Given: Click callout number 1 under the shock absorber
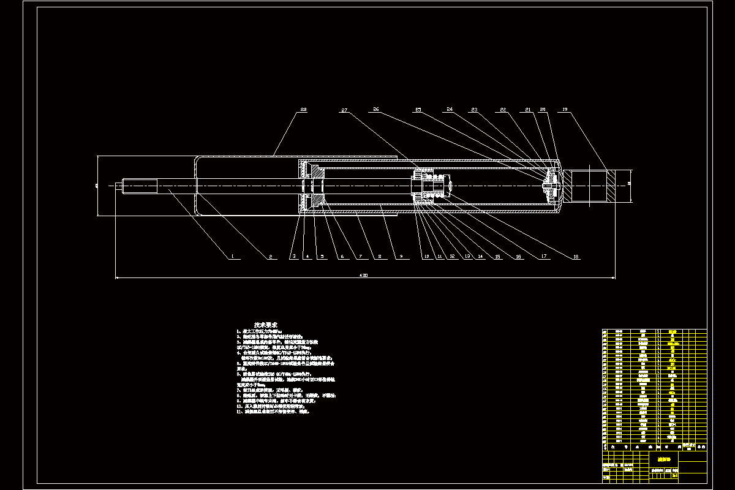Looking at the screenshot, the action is (x=233, y=257).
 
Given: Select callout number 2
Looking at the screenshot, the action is (x=269, y=257).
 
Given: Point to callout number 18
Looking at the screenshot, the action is (x=575, y=257).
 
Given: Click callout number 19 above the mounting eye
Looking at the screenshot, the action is (x=565, y=110).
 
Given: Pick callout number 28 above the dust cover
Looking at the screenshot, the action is (x=303, y=110).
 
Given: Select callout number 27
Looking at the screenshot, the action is (x=345, y=110).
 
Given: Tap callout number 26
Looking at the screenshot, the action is (x=375, y=110).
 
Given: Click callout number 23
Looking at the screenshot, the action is (x=473, y=110).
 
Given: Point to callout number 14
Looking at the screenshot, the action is (x=481, y=257).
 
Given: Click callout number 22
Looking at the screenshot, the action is (x=503, y=110).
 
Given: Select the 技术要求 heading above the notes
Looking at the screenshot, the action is (x=266, y=324).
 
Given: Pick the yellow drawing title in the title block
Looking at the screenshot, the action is (x=665, y=458).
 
